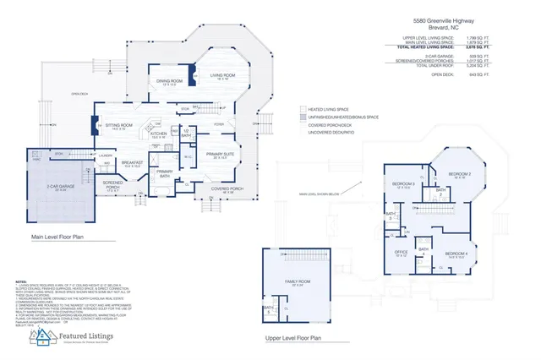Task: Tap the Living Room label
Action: pos(221,76)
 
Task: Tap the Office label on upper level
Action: pos(402,252)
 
